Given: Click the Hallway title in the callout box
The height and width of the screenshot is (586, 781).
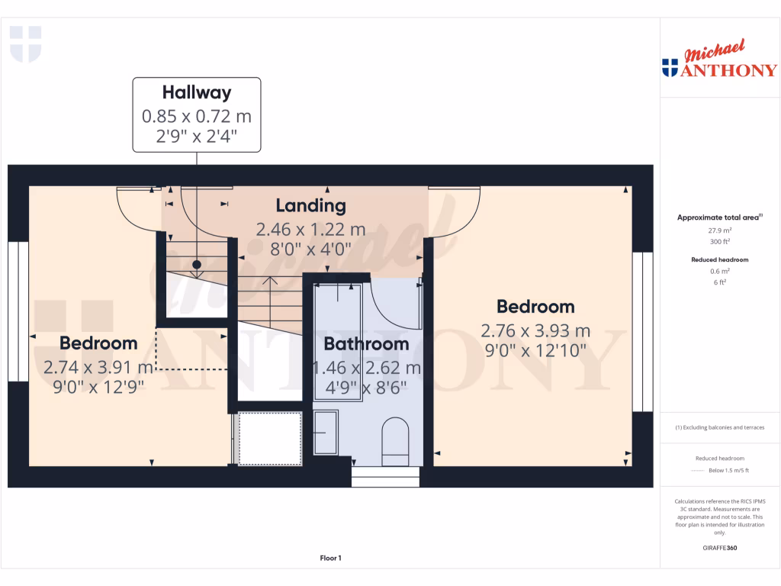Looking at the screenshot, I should point(196,93).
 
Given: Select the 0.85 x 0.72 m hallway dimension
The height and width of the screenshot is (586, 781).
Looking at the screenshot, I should point(196,117).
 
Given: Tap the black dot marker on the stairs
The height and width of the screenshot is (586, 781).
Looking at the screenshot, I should point(197,265).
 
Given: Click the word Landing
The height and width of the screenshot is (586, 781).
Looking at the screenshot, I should point(310,205).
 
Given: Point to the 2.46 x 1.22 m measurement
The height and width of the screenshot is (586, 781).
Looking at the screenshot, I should point(310,229).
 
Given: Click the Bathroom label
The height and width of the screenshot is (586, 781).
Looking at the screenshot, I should point(366,344).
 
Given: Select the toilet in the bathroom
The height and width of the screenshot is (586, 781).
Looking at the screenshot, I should point(395,441).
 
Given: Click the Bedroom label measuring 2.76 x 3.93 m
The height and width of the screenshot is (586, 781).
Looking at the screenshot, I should point(535,307).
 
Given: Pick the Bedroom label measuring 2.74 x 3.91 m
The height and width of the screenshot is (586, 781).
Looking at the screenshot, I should point(98,343).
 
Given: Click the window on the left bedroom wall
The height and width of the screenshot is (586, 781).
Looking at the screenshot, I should point(18,311).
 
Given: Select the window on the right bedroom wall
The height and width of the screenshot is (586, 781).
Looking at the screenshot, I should point(643,332).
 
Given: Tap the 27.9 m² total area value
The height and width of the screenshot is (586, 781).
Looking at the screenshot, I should point(719,230).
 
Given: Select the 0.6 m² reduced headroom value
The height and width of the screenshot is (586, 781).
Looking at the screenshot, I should point(719,271).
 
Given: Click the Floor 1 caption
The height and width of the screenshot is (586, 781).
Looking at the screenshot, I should point(330,559).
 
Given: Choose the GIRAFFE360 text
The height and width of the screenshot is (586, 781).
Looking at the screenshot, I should point(719,548).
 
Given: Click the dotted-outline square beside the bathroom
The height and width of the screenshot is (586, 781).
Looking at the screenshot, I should point(270,438).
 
